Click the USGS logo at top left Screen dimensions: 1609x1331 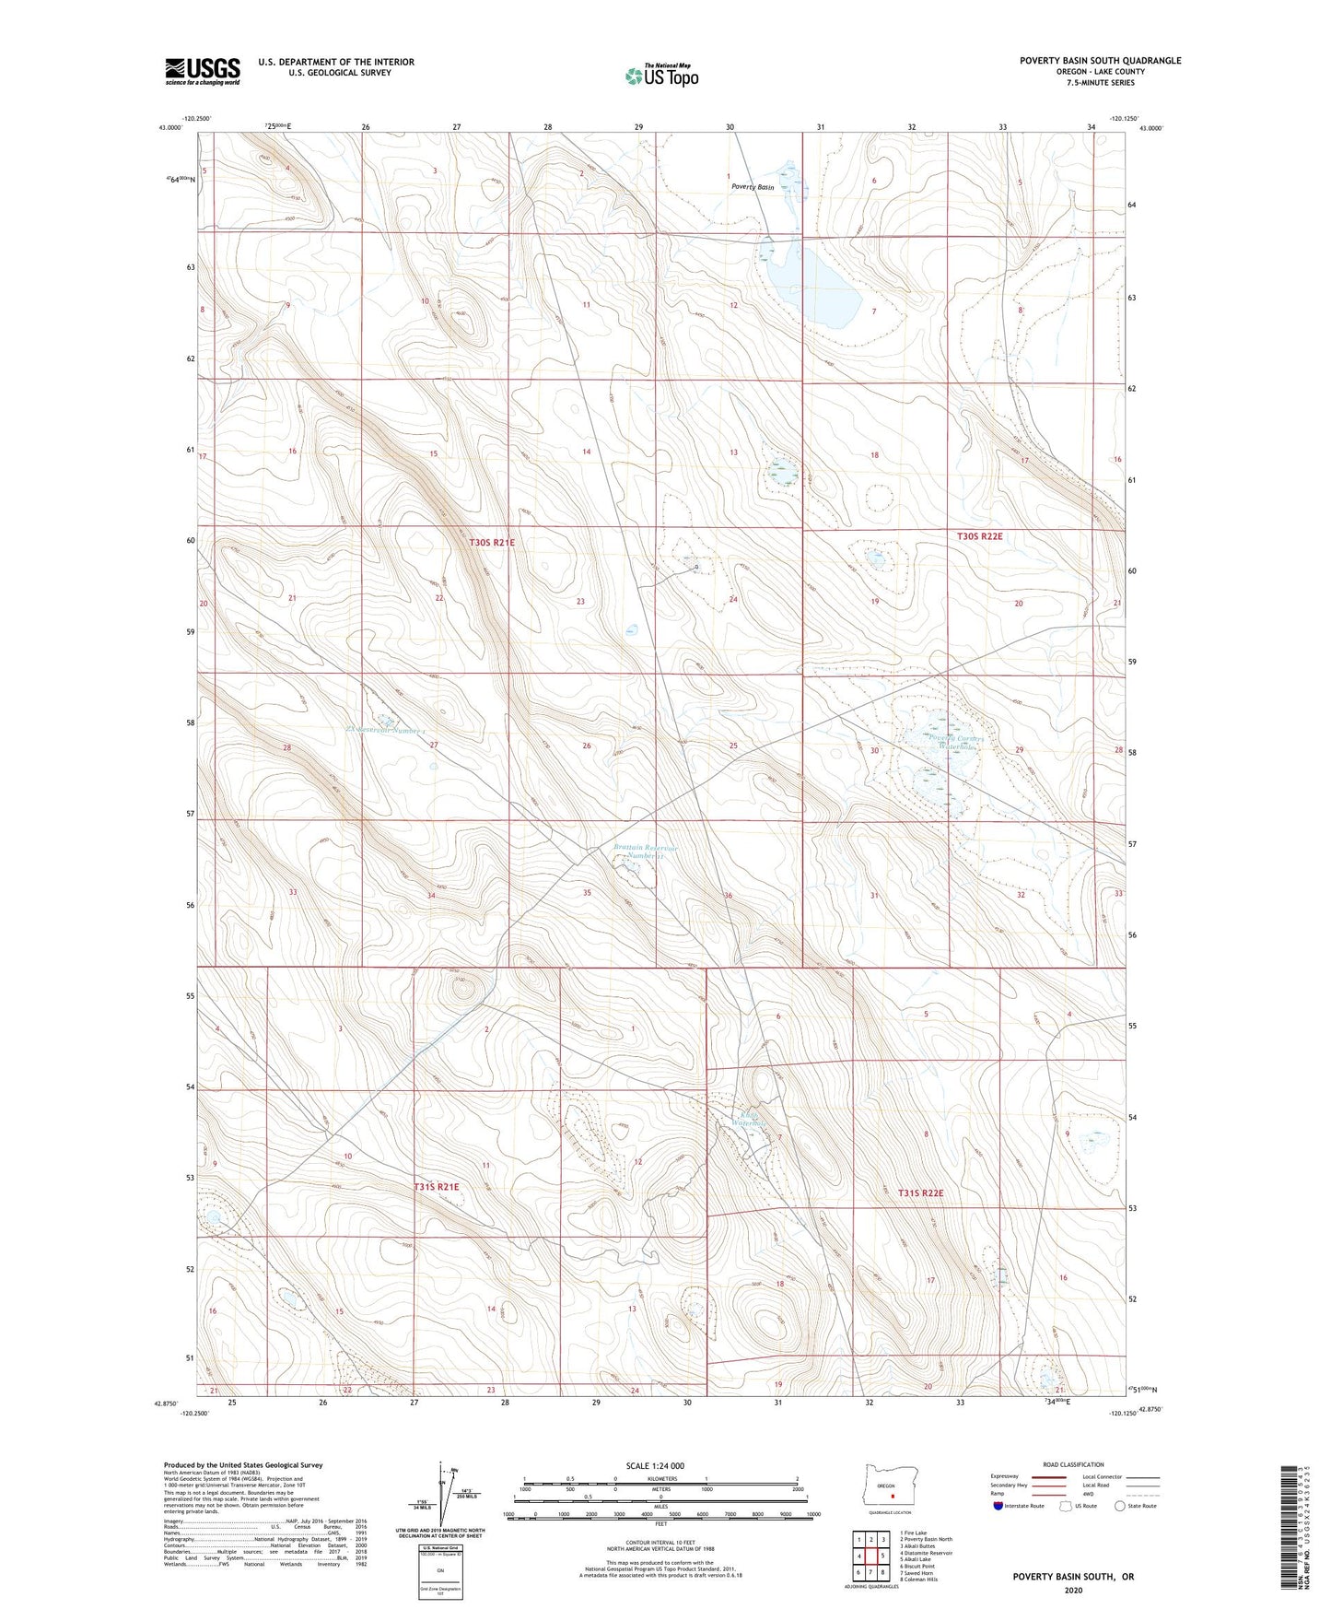[203, 71]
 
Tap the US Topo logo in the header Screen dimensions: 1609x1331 [661, 76]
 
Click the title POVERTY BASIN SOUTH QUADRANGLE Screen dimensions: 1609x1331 [1100, 61]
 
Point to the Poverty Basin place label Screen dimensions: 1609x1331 [753, 187]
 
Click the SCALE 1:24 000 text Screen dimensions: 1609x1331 [655, 1465]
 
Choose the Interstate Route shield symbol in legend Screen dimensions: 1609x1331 [998, 1506]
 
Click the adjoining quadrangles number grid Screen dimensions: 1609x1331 [870, 1557]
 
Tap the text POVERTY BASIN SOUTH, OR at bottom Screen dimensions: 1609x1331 [1073, 1577]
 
